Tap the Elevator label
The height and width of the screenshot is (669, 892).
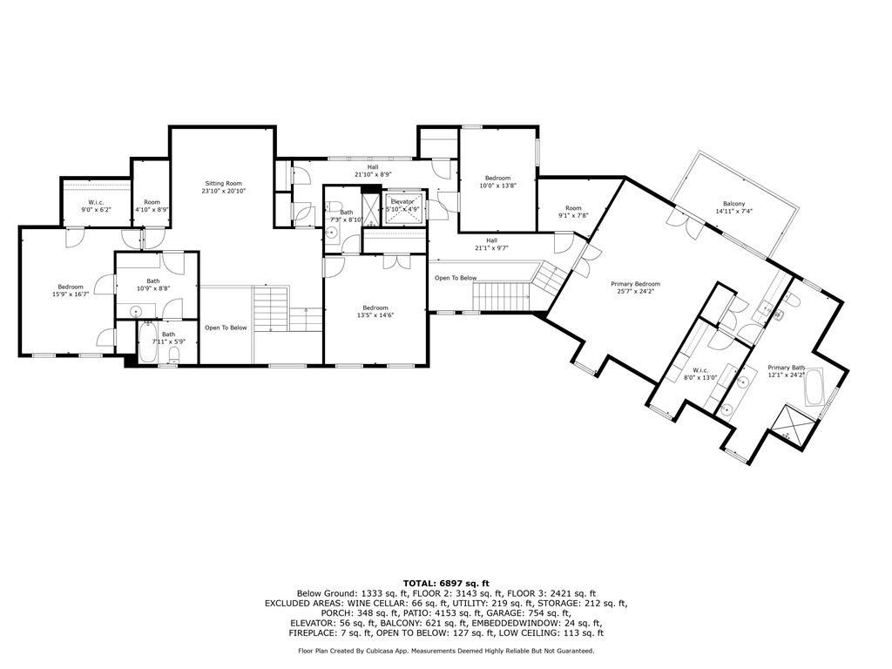coord(402,201)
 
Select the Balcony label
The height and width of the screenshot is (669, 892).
coord(733,204)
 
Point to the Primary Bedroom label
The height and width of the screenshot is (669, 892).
coord(635,284)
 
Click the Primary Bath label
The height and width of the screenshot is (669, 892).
coord(787,368)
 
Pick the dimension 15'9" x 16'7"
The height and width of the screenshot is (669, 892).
coord(71,294)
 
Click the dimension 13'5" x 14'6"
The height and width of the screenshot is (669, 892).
coord(375,315)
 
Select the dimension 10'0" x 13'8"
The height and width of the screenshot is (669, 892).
coord(497,185)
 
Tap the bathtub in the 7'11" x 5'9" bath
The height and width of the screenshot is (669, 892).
coord(147,341)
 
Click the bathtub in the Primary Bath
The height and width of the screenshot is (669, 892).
coord(814,388)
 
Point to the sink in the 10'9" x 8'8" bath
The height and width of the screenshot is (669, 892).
coord(135,311)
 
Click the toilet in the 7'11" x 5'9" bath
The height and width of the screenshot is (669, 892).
coord(174,355)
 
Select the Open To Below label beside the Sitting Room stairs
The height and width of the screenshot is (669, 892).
coord(226,328)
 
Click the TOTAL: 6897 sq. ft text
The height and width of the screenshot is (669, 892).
coord(446,583)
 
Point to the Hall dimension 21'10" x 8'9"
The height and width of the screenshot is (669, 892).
coord(373,174)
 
